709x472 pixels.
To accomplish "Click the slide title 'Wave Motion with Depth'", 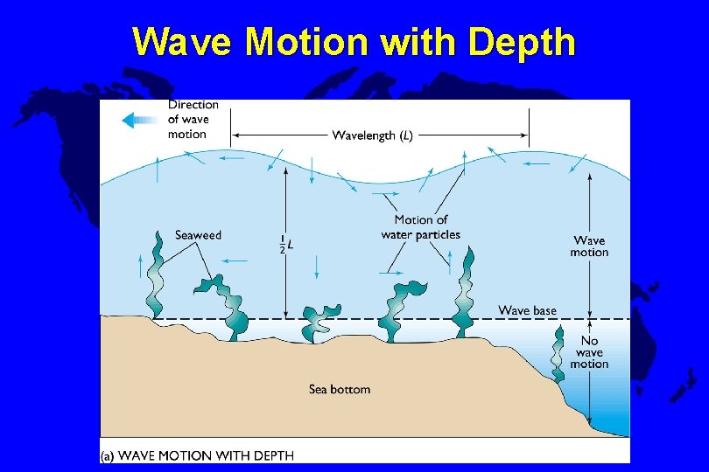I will point(354,41).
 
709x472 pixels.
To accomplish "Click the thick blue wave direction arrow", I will point(139,120).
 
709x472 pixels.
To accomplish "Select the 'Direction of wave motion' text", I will point(193,120).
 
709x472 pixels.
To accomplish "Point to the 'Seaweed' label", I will point(198,235).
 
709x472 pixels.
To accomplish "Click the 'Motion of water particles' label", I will point(420,227).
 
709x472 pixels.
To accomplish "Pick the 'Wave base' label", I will point(527,310).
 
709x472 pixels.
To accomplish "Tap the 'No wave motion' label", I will point(589,352).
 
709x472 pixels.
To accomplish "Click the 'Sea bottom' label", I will point(340,389).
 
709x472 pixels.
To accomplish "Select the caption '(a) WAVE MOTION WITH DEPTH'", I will point(198,455).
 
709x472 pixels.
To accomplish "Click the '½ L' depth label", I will point(285,244).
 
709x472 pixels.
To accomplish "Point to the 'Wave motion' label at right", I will point(589,246).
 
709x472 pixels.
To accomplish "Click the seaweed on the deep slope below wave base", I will point(558,355).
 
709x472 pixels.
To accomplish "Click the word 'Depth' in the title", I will point(522,41).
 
